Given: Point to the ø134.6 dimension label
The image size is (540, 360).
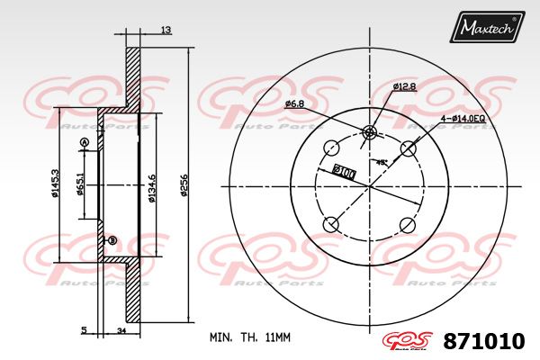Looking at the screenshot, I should [152, 186].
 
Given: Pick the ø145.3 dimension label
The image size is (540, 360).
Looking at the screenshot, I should [56, 185].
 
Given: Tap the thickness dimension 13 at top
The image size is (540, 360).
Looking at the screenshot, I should [165, 31].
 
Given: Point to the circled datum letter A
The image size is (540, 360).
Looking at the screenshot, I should [85, 143].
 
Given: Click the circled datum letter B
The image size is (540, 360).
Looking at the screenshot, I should [112, 240].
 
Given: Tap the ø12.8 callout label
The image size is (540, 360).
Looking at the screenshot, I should [404, 86].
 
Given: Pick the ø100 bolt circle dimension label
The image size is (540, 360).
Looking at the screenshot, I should [345, 170].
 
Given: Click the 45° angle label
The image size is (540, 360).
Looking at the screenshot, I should [382, 162].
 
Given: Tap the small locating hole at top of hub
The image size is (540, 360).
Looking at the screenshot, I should [369, 132].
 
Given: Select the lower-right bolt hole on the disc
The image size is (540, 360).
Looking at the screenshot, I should [408, 225].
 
